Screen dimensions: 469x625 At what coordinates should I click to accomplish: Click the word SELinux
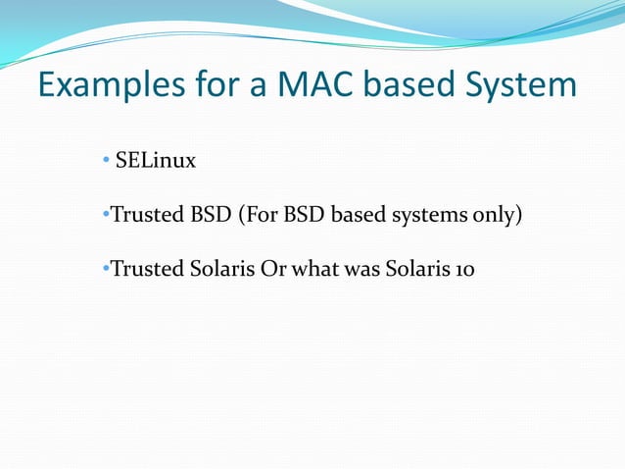tap(155, 160)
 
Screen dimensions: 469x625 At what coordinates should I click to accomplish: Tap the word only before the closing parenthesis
tap(494, 215)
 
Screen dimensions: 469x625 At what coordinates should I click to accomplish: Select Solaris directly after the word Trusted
tap(219, 269)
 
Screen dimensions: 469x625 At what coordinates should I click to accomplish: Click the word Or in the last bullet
tap(272, 269)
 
